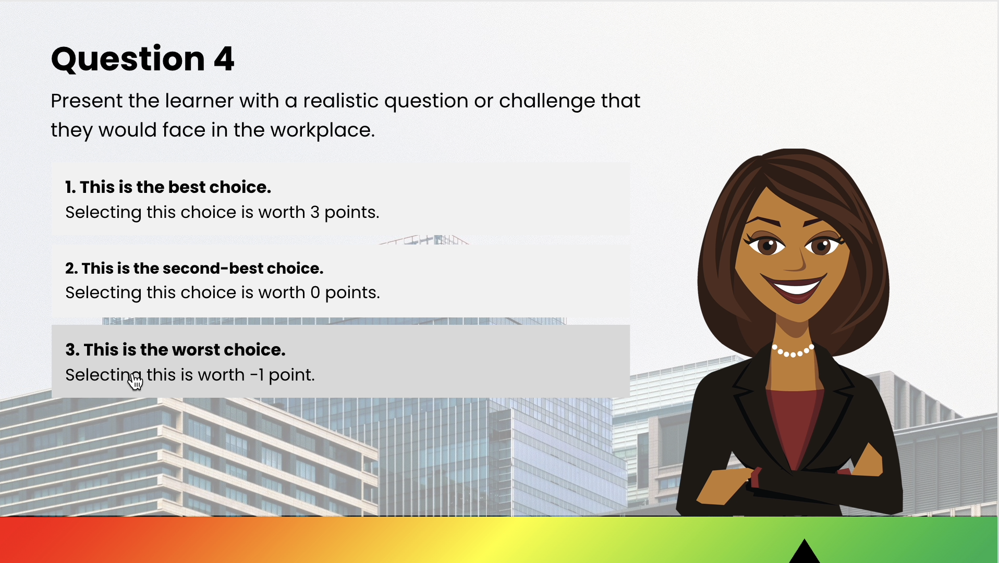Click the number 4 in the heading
pyautogui.click(x=224, y=59)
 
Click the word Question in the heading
pyautogui.click(x=128, y=59)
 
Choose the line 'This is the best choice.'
pyautogui.click(x=168, y=187)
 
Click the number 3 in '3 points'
pyautogui.click(x=315, y=213)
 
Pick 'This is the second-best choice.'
pyautogui.click(x=194, y=268)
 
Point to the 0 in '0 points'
pyautogui.click(x=315, y=293)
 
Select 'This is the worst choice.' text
pyautogui.click(x=175, y=350)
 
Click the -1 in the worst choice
pyautogui.click(x=257, y=375)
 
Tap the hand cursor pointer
pyautogui.click(x=135, y=382)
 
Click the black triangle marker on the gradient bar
pyautogui.click(x=805, y=552)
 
